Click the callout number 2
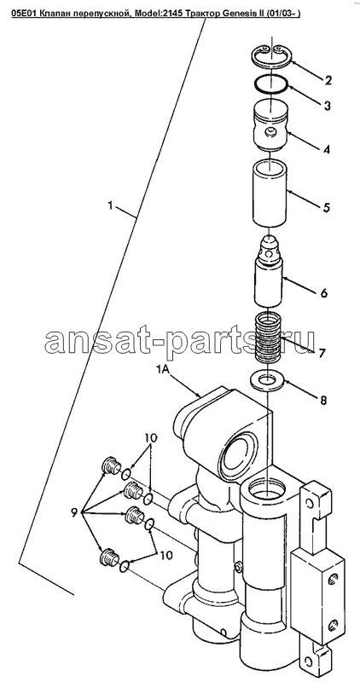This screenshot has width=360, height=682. pyautogui.click(x=328, y=79)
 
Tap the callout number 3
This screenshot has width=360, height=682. pyautogui.click(x=328, y=106)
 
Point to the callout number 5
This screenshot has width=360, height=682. pyautogui.click(x=327, y=207)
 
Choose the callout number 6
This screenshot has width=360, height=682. pyautogui.click(x=324, y=292)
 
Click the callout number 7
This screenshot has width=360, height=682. pyautogui.click(x=322, y=353)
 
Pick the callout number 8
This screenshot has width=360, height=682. pyautogui.click(x=322, y=400)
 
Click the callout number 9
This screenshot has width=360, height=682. pyautogui.click(x=73, y=513)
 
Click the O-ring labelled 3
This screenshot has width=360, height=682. pyautogui.click(x=270, y=84)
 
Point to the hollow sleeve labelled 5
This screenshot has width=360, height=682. pyautogui.click(x=270, y=194)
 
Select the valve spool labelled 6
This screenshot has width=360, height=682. pyautogui.click(x=268, y=270)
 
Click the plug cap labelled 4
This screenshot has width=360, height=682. pyautogui.click(x=270, y=126)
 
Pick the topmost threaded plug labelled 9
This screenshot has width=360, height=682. pyautogui.click(x=110, y=466)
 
